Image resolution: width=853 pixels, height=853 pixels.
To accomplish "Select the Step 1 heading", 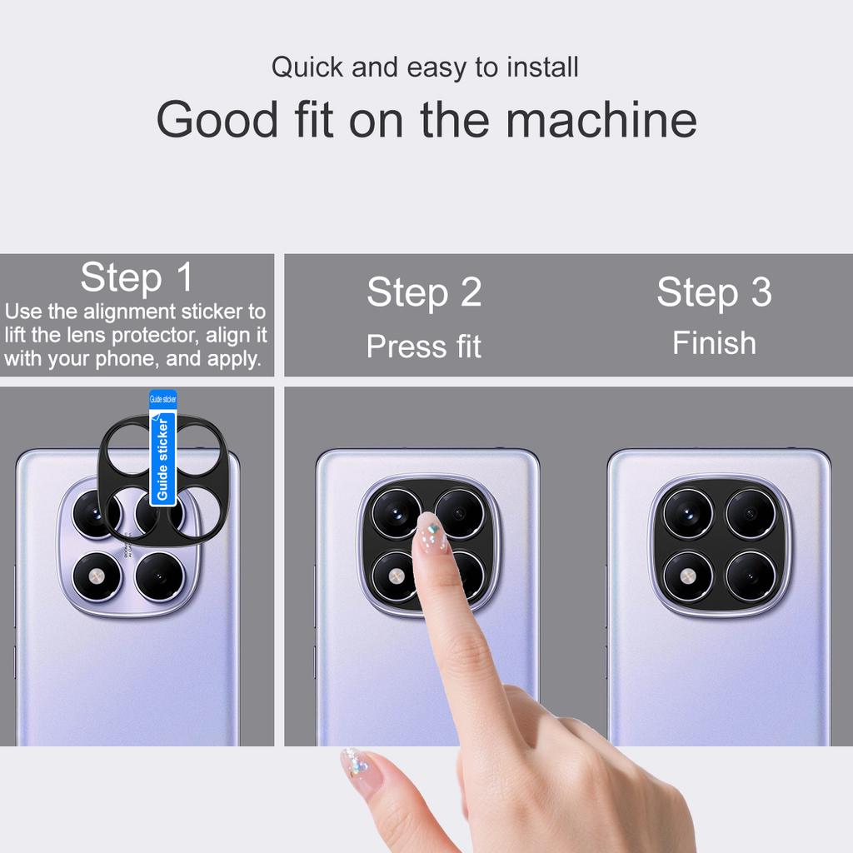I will (137, 277).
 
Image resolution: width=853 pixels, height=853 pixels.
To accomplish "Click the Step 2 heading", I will (424, 292).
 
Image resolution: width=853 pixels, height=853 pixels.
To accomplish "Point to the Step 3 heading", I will (714, 292).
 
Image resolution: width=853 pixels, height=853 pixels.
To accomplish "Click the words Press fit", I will (424, 347).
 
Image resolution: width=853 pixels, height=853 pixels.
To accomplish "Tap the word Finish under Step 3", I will (714, 343).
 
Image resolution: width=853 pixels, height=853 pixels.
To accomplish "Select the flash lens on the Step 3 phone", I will (688, 576).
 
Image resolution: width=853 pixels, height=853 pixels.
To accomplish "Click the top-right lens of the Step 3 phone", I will (751, 514).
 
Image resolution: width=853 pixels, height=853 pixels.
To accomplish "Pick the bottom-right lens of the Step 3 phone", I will (751, 576).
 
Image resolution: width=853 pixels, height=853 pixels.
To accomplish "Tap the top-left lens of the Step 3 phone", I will (688, 514).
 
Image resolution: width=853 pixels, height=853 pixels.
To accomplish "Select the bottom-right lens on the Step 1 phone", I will (159, 576).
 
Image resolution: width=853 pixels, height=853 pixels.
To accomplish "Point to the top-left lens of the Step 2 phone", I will (397, 513).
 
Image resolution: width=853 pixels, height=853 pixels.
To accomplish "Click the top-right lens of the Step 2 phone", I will (460, 513).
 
